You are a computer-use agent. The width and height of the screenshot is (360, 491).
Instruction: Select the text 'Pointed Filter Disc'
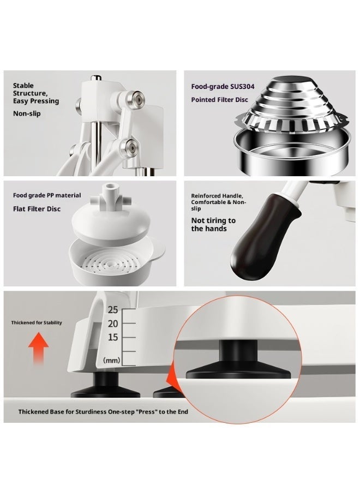[219, 100]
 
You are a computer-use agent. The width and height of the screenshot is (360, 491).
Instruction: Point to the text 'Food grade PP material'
[47, 195]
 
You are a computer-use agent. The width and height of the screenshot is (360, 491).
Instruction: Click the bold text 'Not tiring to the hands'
[213, 224]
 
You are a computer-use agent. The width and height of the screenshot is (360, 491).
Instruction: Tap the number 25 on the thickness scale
[112, 310]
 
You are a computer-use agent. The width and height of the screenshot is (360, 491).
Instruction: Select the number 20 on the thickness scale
[112, 324]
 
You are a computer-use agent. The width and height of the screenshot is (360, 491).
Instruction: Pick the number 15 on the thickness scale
[112, 337]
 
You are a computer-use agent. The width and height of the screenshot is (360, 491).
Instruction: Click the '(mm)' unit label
[111, 361]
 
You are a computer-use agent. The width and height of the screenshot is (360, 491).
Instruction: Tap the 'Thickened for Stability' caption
[37, 322]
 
